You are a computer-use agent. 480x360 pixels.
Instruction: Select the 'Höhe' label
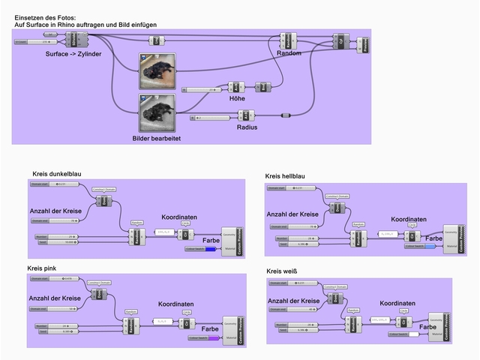coord(237,98)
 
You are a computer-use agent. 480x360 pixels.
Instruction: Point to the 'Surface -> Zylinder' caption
coord(73,54)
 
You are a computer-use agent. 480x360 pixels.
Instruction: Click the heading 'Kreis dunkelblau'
coord(57,174)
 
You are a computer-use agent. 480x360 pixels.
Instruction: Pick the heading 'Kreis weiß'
coord(282,271)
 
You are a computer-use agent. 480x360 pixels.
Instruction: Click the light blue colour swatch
coord(430,245)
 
